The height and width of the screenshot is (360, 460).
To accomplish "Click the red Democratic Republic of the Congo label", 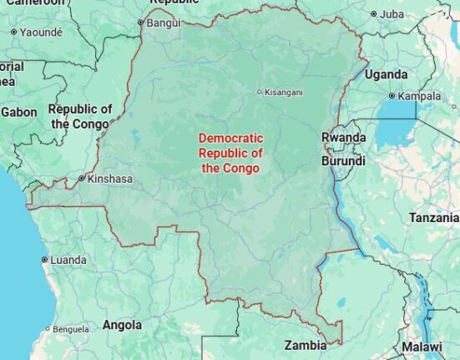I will pyautogui.click(x=230, y=153).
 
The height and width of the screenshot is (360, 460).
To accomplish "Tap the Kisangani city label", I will pyautogui.click(x=284, y=92).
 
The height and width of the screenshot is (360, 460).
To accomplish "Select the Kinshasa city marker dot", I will pyautogui.click(x=81, y=179).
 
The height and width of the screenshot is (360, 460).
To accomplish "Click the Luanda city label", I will pyautogui.click(x=68, y=260).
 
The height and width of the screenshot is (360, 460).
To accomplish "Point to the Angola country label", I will pyautogui.click(x=122, y=325).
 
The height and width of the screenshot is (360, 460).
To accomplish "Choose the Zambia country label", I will pyautogui.click(x=305, y=345).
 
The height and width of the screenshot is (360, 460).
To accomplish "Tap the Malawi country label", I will pyautogui.click(x=422, y=347).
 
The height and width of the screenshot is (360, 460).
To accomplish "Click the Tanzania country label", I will pyautogui.click(x=433, y=218).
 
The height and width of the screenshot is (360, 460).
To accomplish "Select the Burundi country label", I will pyautogui.click(x=344, y=160).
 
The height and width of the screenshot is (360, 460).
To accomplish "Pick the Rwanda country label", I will pyautogui.click(x=343, y=137).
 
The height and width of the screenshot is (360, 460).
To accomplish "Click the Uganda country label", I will pyautogui.click(x=386, y=74).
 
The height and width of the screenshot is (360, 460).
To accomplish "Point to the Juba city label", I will pyautogui.click(x=392, y=14).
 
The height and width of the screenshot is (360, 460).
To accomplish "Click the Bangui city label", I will pyautogui.click(x=163, y=23).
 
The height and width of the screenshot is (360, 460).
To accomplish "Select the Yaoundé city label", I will pyautogui.click(x=41, y=32).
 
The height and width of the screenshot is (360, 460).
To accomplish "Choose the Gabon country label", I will pyautogui.click(x=19, y=111).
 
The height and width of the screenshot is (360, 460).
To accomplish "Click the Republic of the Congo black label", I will pyautogui.click(x=80, y=117).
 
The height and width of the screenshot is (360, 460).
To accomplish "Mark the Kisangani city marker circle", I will pyautogui.click(x=259, y=92).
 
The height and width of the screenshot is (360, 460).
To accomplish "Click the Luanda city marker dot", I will pyautogui.click(x=44, y=260).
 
